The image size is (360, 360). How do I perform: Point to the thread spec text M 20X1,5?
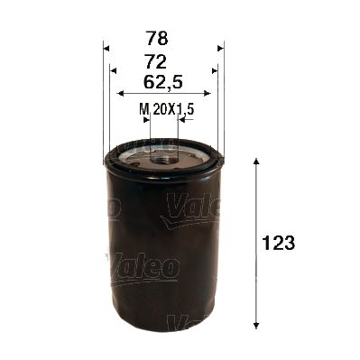[167, 108]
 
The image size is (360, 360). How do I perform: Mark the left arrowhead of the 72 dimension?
[114, 70]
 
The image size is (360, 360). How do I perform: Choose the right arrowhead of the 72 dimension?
[213, 70]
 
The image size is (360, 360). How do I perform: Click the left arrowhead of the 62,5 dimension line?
[121, 92]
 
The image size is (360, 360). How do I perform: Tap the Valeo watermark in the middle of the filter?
[144, 267]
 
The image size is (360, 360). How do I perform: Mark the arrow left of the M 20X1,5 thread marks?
[143, 117]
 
